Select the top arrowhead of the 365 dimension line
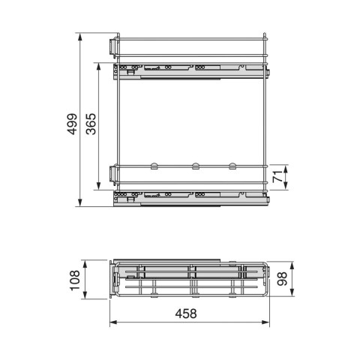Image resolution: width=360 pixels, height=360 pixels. point(99,65)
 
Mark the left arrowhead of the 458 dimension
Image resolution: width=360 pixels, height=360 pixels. point(113,324)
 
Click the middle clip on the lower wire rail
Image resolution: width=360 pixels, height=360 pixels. point(194,164)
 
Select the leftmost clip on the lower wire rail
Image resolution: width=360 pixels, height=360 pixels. point(152,164)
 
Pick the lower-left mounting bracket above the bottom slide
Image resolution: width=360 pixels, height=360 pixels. point(112,173)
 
